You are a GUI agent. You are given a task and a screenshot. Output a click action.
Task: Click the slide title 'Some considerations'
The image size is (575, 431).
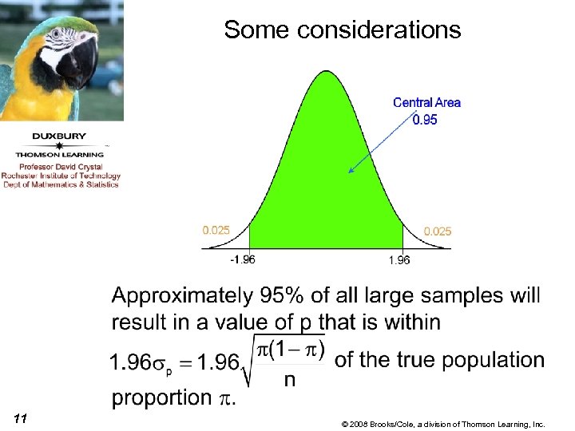(x=342, y=30)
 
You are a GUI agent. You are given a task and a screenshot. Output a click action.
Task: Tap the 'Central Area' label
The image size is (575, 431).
(x=426, y=102)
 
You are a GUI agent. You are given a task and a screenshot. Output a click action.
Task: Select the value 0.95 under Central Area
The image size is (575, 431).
(x=425, y=120)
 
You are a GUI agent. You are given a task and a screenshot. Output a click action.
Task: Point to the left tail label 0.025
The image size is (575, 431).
(x=216, y=230)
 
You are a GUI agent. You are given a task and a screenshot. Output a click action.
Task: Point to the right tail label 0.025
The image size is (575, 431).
(x=437, y=231)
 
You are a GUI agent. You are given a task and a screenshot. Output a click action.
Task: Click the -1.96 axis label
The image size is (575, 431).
(x=242, y=259)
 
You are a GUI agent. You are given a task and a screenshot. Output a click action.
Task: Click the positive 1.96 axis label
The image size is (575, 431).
(x=399, y=259)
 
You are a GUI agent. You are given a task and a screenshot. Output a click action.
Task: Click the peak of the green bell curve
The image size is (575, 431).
(x=327, y=73)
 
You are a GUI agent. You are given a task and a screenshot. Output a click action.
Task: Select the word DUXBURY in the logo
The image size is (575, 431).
(x=60, y=136)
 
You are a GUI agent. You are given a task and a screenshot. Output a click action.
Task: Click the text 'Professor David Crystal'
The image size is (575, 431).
(x=61, y=166)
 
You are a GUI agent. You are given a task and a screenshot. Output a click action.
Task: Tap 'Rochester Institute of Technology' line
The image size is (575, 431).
(x=61, y=176)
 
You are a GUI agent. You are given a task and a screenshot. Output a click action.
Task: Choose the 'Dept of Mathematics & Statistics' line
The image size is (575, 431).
(x=60, y=184)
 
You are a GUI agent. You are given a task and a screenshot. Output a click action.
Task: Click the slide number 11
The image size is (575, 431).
(x=21, y=418)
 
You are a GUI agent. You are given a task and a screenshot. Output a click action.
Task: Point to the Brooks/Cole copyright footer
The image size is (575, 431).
(x=442, y=424)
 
